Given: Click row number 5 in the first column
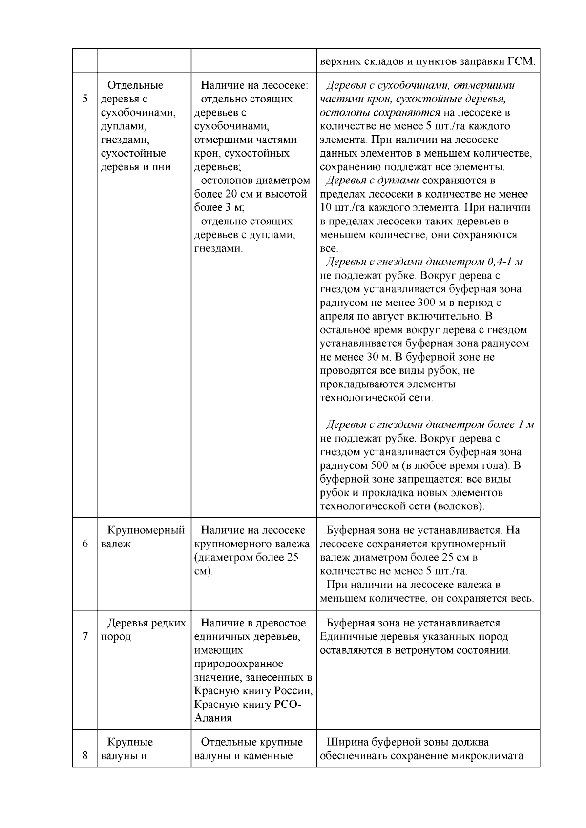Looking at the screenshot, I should (85, 99).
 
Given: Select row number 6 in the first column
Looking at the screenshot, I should (85, 544).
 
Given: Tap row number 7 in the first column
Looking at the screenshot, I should (85, 637).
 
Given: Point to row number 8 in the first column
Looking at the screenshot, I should (85, 756).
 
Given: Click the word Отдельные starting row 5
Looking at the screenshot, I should (135, 85).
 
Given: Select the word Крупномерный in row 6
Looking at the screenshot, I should (146, 530).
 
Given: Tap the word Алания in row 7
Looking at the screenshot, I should (213, 718).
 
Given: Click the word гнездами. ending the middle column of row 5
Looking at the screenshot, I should (218, 248).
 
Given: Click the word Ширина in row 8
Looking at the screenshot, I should (346, 742).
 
